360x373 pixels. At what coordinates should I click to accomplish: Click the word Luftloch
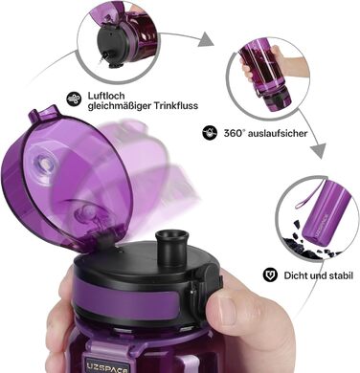(101, 96)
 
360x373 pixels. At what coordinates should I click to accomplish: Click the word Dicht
(294, 275)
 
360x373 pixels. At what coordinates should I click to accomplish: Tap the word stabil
(341, 275)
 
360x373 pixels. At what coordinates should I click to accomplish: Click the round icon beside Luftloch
(74, 99)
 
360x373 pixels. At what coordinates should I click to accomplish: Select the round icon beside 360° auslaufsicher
(210, 133)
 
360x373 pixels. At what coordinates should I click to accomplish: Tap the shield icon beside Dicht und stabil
(270, 274)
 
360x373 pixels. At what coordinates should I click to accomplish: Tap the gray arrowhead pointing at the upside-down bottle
(206, 40)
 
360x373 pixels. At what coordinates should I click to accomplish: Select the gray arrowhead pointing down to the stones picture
(318, 151)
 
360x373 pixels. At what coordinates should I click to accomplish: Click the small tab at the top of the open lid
(44, 114)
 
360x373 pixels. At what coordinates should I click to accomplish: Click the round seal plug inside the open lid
(43, 163)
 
